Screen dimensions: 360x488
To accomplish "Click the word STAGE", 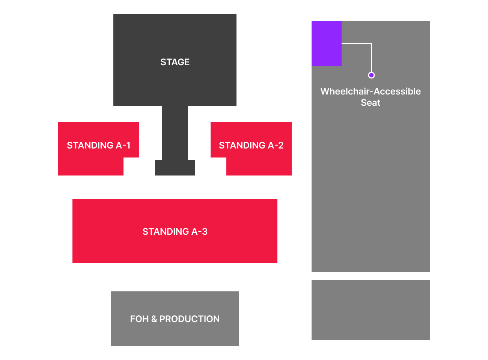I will [175, 62].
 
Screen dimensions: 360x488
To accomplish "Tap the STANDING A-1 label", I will [98, 145].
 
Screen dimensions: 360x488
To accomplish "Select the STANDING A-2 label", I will [251, 145].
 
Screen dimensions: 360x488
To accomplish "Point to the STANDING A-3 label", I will [175, 231].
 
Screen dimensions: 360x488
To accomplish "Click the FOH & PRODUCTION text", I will [175, 319].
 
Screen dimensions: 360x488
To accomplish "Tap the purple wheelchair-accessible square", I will [326, 43].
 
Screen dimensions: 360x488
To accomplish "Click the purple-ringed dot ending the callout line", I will [371, 75].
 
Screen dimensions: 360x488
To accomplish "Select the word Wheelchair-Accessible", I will [371, 91].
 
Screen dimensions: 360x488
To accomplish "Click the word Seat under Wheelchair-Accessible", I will [371, 102].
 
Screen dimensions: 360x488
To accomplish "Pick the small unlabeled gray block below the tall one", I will [371, 309].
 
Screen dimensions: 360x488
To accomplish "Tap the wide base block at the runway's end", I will [175, 168].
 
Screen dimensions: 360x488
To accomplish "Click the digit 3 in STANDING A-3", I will [205, 231].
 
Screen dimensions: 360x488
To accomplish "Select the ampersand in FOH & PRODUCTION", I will [154, 319].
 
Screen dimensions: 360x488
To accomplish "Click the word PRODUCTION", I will [190, 319].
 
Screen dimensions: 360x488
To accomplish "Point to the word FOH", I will [139, 319].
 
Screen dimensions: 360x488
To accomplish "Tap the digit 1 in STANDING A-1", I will [128, 145].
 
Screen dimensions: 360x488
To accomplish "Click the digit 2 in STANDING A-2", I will [280, 145].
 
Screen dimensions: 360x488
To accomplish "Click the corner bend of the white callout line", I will [371, 43].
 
